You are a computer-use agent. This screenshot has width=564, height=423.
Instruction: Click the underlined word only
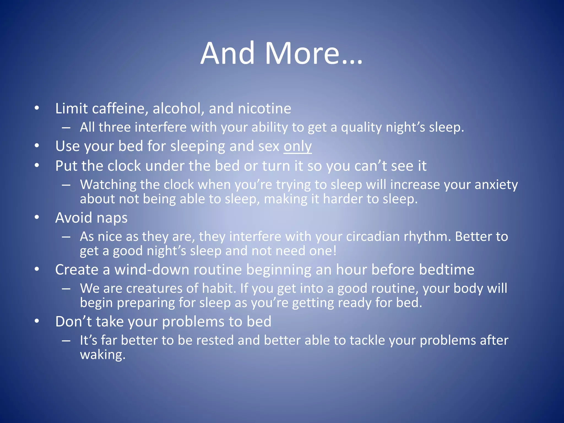pyautogui.click(x=297, y=146)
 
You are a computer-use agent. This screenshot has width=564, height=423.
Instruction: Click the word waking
pyautogui.click(x=102, y=355)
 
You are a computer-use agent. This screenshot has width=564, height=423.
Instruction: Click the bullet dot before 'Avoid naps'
pyautogui.click(x=37, y=218)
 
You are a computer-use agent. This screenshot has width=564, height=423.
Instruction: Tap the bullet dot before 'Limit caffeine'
pyautogui.click(x=37, y=108)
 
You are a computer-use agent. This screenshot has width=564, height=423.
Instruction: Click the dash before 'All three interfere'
pyautogui.click(x=66, y=128)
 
